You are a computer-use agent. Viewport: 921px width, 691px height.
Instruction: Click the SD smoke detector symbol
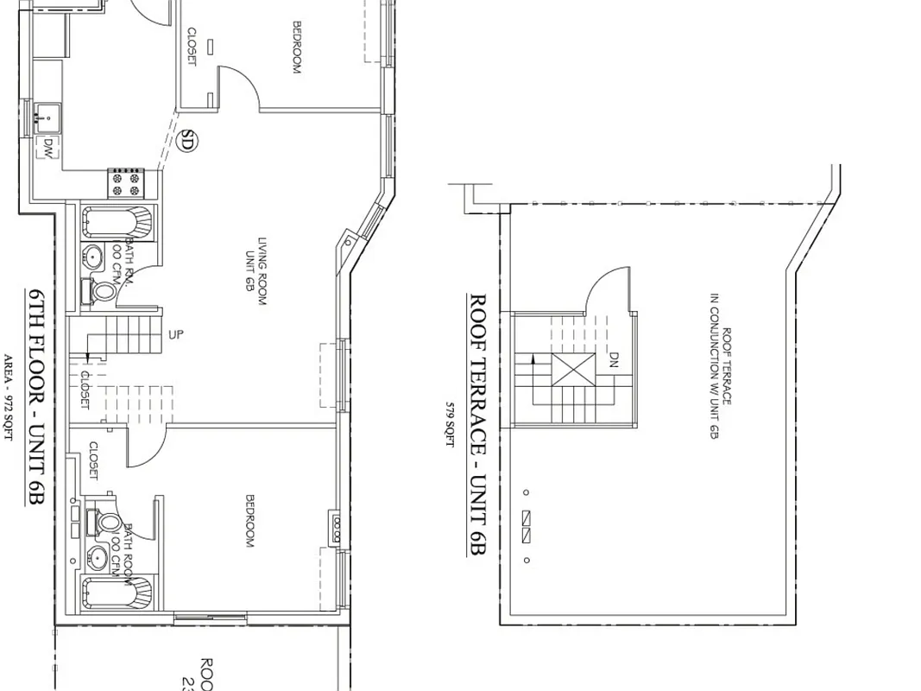coord(186,140)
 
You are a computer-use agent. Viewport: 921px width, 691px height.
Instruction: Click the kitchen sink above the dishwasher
coord(48,114)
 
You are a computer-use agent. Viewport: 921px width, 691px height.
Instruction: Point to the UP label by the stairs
coord(176,334)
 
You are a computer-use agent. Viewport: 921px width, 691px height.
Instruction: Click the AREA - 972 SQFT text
coord(10,397)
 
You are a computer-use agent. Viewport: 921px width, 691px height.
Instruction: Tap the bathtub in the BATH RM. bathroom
coord(117,223)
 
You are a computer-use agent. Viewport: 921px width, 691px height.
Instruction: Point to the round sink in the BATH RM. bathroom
coord(93,256)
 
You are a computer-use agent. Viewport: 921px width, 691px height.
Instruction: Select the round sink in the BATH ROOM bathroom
coord(98,558)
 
